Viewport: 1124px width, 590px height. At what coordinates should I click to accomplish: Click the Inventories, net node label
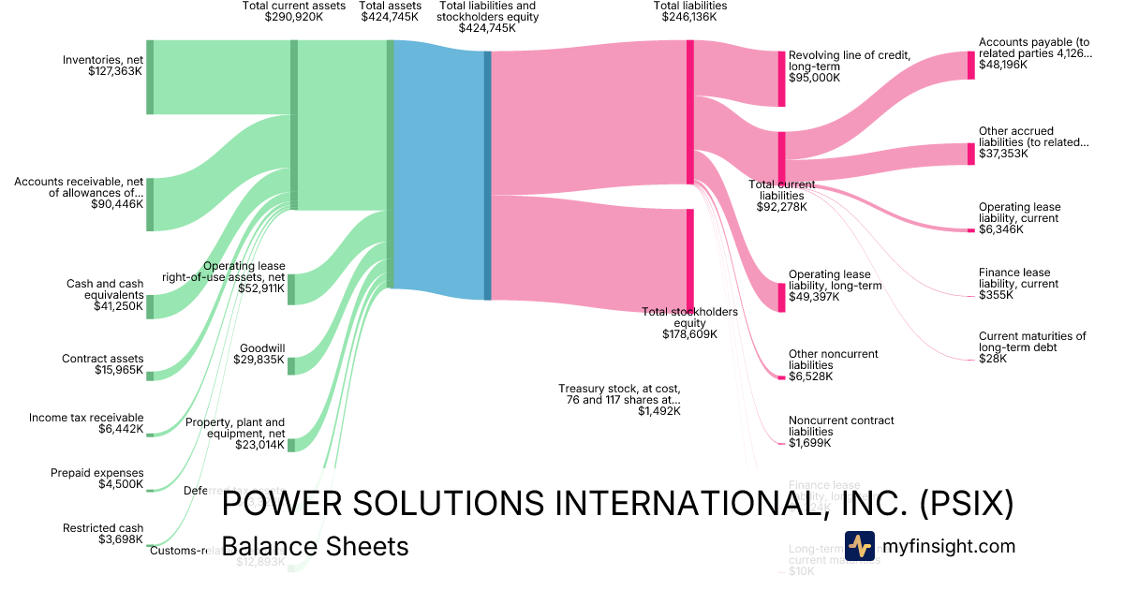[103, 60]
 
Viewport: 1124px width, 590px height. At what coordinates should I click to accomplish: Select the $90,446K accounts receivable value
[117, 203]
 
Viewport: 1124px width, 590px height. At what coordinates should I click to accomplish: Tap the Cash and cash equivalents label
[105, 289]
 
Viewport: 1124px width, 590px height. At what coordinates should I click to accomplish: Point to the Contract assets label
[103, 359]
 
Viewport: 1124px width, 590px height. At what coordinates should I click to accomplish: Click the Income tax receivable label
[86, 418]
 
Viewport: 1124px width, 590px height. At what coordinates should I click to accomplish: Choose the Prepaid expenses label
[97, 473]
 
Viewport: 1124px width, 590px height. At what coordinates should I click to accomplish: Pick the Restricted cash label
[103, 528]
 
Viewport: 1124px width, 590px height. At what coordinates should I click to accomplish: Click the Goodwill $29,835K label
[261, 353]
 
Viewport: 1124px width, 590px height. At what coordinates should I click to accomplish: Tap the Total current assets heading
[294, 6]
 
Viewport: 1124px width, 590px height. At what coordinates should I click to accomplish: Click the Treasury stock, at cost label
[619, 394]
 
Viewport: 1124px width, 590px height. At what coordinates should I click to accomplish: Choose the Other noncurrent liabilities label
[834, 360]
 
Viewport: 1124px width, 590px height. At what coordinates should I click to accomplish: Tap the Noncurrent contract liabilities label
[841, 426]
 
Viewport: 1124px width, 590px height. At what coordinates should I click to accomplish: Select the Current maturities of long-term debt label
[1032, 342]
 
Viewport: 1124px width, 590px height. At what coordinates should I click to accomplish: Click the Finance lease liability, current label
[1018, 278]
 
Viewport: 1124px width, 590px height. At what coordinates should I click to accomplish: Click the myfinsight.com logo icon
[860, 546]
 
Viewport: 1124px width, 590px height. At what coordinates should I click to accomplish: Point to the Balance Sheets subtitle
[315, 546]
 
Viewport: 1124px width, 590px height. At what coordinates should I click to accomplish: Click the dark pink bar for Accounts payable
[970, 65]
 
